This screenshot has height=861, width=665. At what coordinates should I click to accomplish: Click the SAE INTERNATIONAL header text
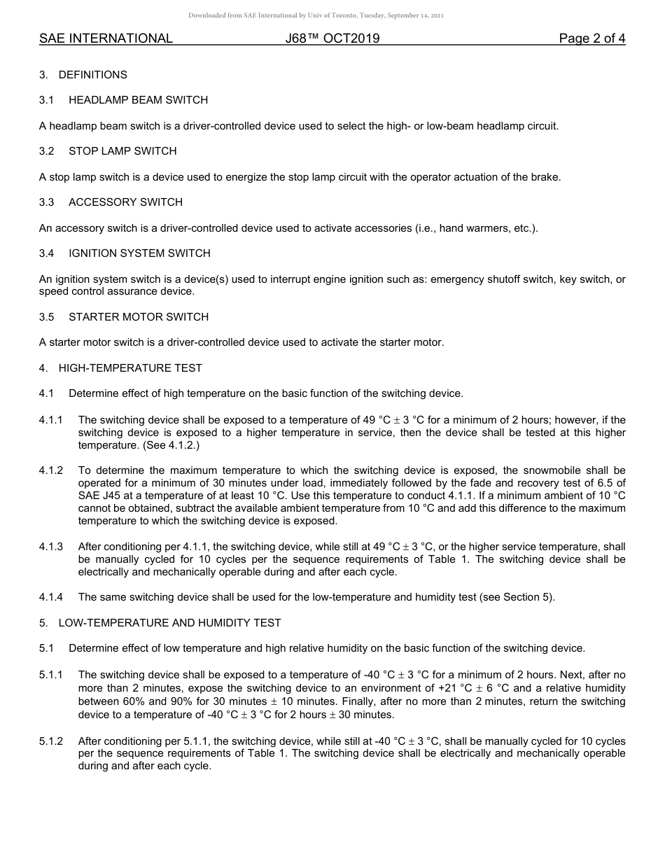[106, 38]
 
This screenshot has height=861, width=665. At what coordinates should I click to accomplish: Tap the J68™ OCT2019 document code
[332, 38]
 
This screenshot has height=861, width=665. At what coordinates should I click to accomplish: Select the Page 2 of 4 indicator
[591, 38]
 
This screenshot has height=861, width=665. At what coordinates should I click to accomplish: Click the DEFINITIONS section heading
[92, 75]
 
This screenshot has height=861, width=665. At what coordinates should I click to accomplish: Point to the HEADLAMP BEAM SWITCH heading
[138, 100]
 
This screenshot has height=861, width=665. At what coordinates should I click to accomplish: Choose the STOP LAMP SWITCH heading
[122, 151]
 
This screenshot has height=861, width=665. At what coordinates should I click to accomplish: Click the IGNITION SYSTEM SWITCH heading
[139, 253]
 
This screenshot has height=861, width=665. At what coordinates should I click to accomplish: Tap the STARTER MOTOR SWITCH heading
[139, 317]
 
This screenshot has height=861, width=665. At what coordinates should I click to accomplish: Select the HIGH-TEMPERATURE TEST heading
[130, 368]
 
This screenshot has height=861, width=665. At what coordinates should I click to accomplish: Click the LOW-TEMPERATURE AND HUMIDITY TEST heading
[169, 623]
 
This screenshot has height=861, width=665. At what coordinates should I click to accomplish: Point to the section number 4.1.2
[51, 470]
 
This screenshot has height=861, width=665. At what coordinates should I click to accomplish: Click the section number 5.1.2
[51, 741]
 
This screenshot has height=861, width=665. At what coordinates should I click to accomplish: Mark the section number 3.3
[47, 202]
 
